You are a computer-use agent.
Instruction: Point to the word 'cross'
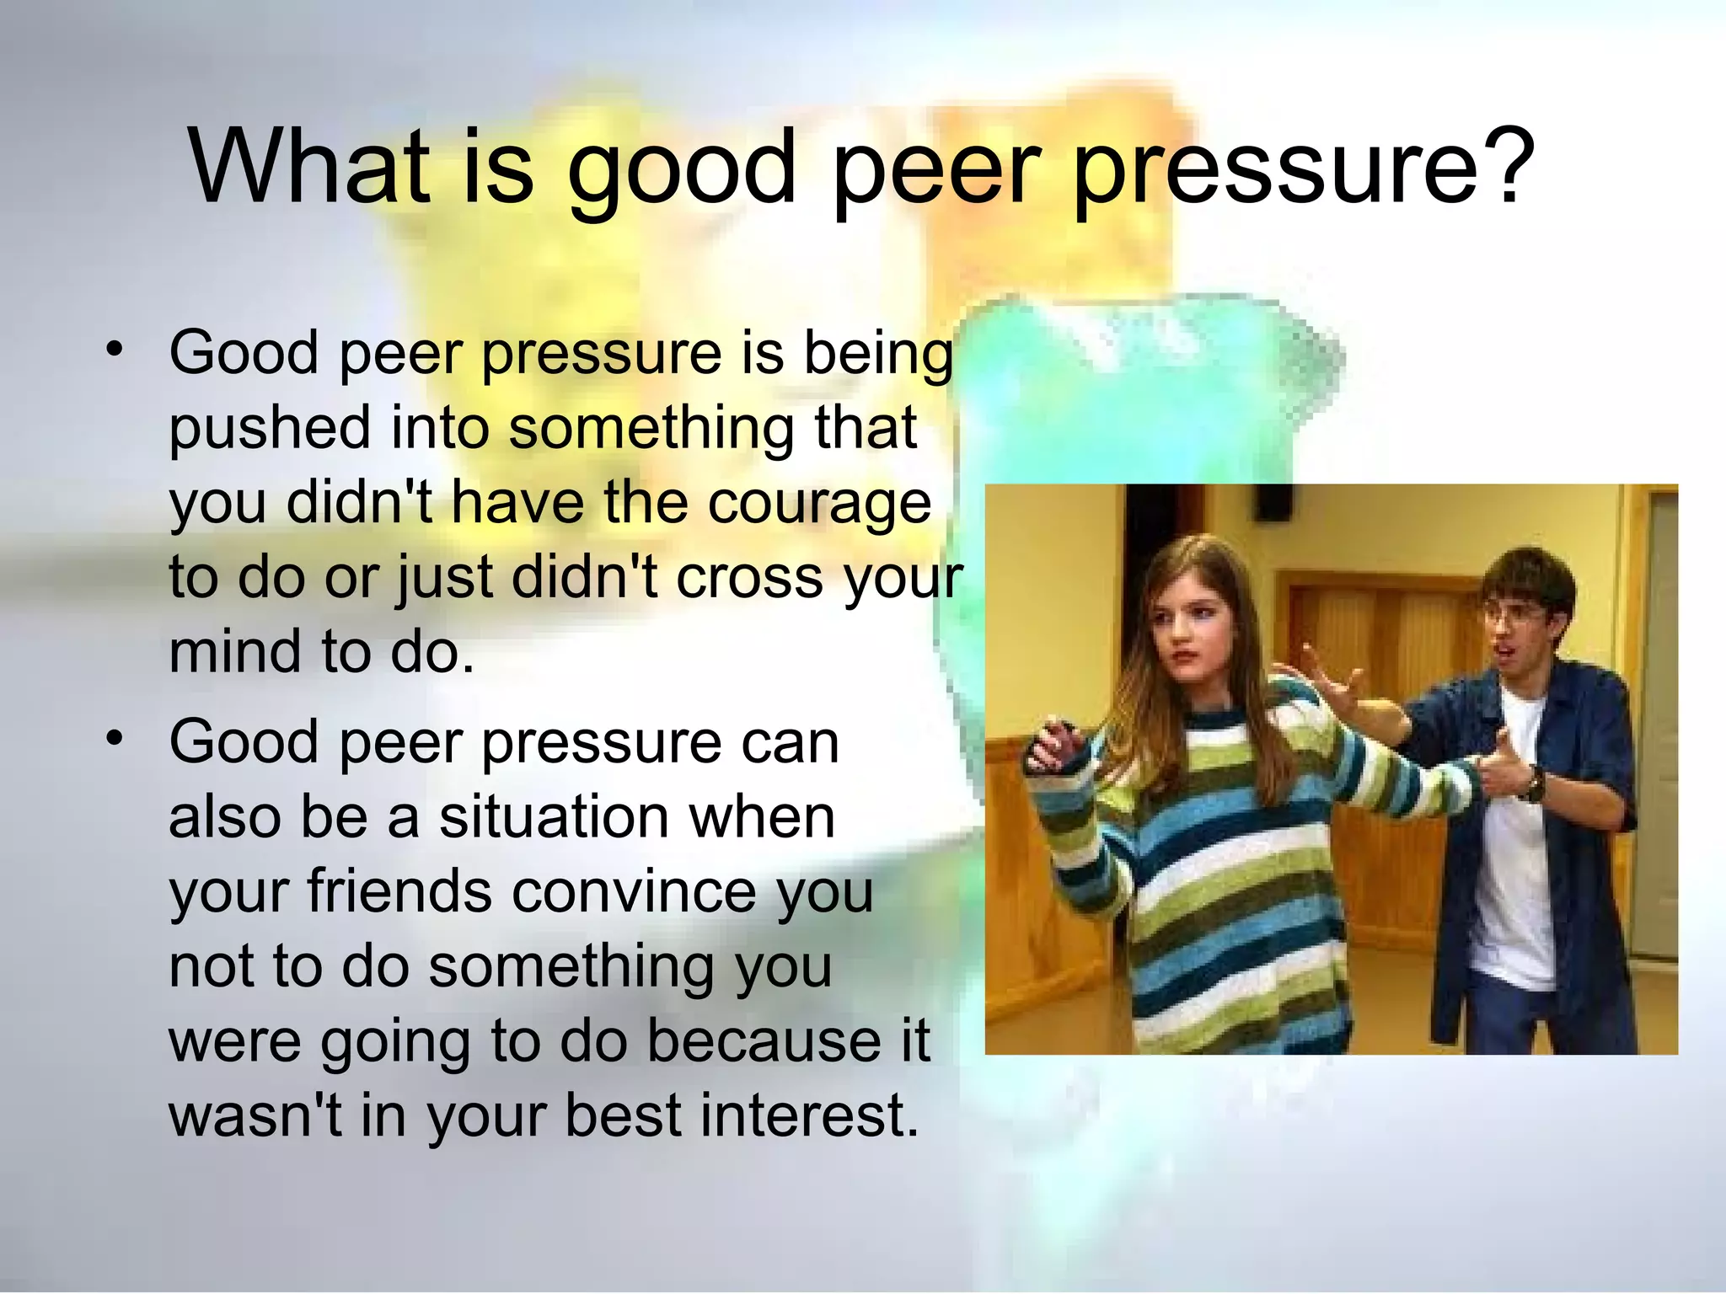(748, 579)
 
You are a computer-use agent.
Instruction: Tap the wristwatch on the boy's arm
(1533, 785)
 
